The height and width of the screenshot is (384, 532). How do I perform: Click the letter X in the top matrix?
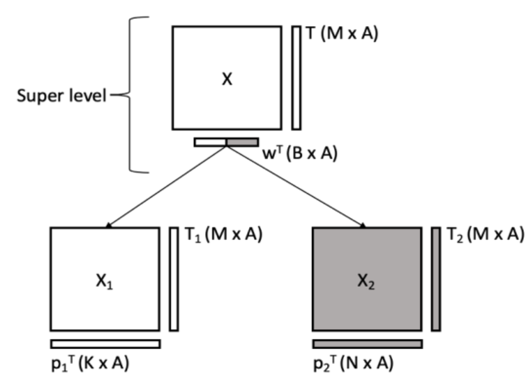click(x=227, y=79)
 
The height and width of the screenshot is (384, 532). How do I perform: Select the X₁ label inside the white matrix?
click(x=104, y=282)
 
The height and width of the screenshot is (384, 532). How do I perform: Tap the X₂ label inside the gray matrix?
click(x=366, y=282)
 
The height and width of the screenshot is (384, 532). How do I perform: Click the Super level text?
click(x=61, y=96)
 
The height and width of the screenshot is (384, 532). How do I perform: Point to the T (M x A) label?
click(x=342, y=33)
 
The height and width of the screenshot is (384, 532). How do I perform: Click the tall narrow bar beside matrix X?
click(x=296, y=78)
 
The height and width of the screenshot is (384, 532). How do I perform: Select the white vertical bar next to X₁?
click(x=174, y=279)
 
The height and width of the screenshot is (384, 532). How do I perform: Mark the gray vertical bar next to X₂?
click(x=436, y=279)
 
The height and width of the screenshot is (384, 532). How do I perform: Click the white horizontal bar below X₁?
click(x=105, y=344)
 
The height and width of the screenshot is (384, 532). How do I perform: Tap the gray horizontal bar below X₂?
click(x=367, y=344)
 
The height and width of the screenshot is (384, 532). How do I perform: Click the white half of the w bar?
click(x=210, y=142)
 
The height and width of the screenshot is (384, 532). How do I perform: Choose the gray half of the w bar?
click(x=242, y=142)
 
